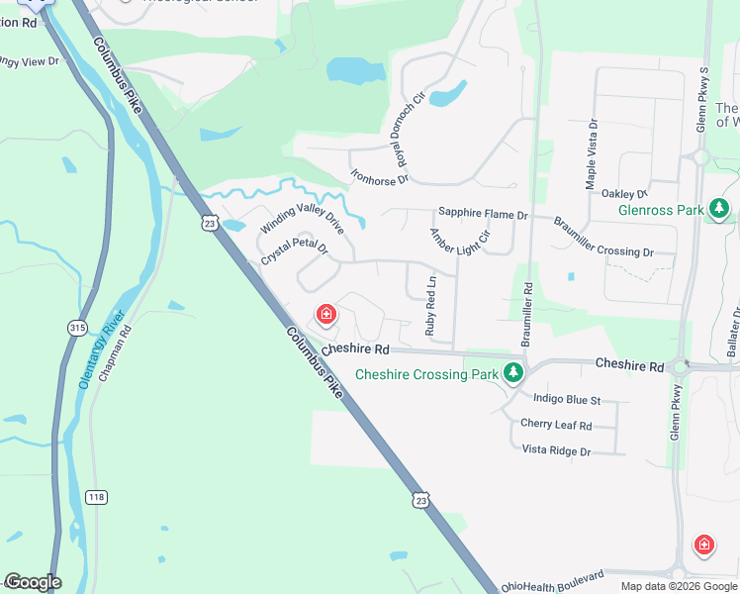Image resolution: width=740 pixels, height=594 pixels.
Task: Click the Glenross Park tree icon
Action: click(x=720, y=209)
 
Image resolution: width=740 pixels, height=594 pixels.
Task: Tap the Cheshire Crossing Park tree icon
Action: click(x=512, y=373)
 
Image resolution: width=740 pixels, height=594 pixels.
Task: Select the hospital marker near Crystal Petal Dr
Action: click(x=324, y=316)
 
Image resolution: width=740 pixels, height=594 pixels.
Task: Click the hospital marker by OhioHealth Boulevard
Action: click(x=703, y=544)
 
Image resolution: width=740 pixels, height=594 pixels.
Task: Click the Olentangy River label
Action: click(x=102, y=348)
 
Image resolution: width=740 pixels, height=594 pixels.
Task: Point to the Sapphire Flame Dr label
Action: click(x=484, y=214)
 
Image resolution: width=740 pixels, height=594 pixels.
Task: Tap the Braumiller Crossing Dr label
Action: click(x=603, y=237)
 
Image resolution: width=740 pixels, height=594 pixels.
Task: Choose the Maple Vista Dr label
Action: click(x=592, y=154)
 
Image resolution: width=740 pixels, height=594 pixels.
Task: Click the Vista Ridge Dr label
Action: click(x=556, y=450)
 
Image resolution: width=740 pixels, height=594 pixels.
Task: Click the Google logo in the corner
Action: click(x=33, y=583)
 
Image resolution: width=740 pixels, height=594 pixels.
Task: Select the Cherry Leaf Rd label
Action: click(x=556, y=425)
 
